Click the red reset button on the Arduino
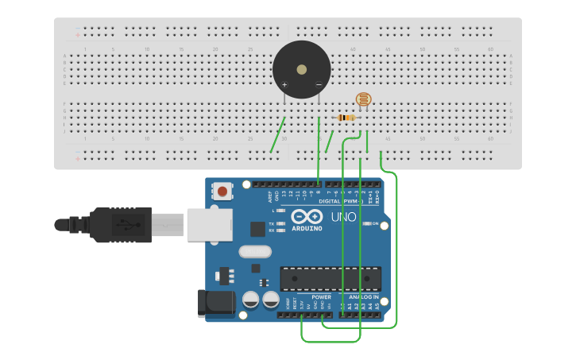(x=223, y=192)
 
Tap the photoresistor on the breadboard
(x=363, y=100)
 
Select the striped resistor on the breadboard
(x=346, y=118)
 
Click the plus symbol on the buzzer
(x=284, y=84)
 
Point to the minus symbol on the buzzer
(x=319, y=84)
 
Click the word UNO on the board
(x=343, y=217)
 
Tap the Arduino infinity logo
(x=307, y=216)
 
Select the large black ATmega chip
(x=330, y=278)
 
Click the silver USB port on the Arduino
(x=209, y=224)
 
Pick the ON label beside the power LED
(x=375, y=224)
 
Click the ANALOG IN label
(x=365, y=297)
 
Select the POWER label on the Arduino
(x=321, y=297)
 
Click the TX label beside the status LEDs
(x=272, y=224)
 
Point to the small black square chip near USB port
(x=257, y=229)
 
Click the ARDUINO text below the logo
(x=307, y=229)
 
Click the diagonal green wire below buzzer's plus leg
(x=278, y=134)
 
